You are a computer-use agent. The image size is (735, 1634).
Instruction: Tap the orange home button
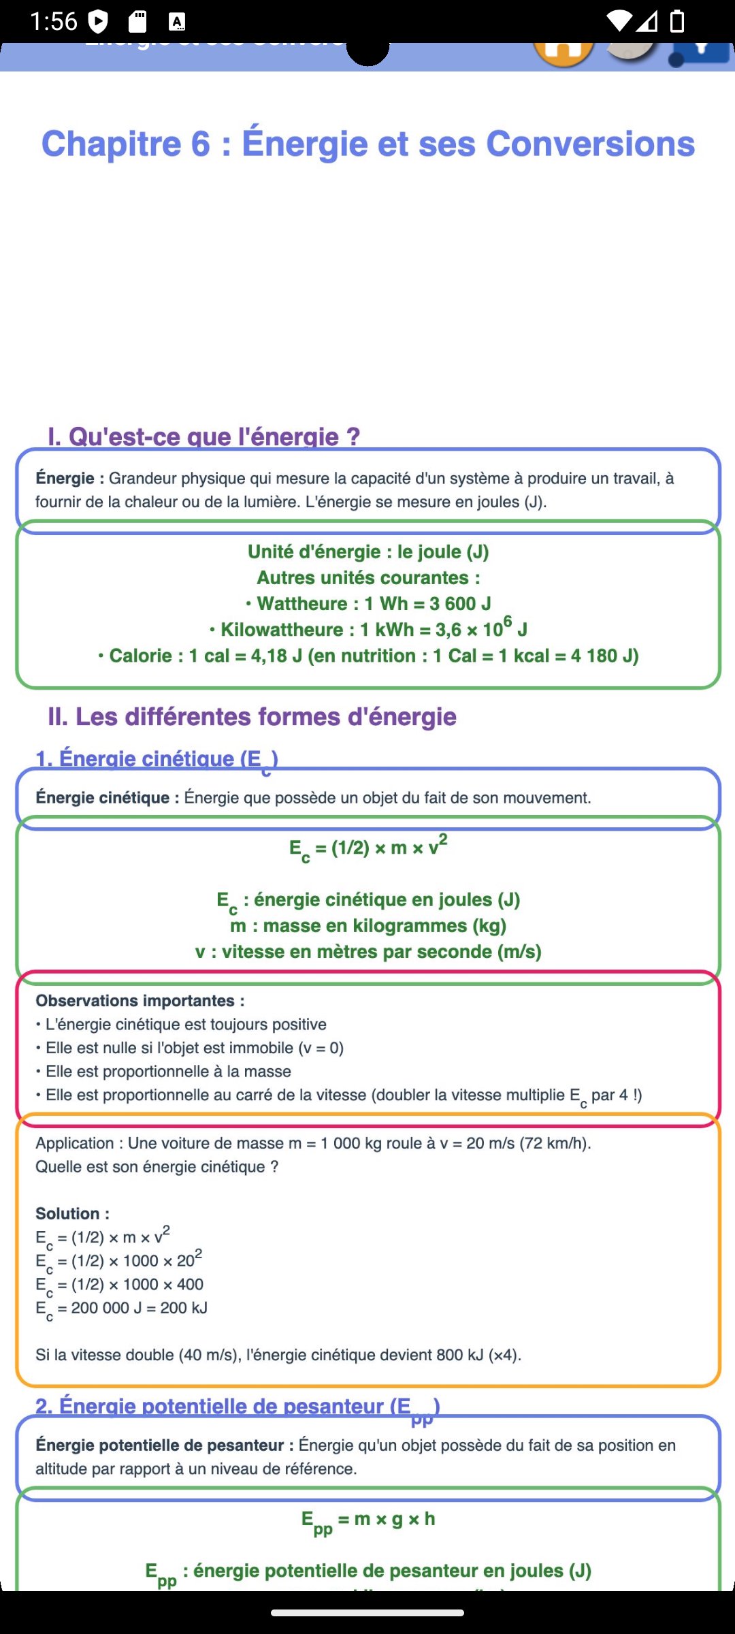pos(563,52)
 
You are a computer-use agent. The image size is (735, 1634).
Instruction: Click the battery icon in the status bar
pos(677,22)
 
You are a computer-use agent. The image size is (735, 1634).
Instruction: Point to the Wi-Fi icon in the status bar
pos(619,22)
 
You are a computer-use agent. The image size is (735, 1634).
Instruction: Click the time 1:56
pos(54,22)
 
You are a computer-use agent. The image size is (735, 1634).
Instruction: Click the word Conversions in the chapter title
pos(591,144)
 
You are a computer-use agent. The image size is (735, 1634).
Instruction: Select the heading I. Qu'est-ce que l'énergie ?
pos(203,436)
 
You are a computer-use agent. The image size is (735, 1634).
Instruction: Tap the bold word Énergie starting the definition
pos(65,479)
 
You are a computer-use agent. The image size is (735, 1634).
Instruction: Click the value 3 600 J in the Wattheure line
pos(460,604)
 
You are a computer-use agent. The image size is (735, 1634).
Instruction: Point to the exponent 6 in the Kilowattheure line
pos(508,621)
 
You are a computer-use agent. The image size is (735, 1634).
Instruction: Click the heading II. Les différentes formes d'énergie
pos(252,717)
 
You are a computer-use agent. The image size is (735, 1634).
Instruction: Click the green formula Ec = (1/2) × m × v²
pos(368,848)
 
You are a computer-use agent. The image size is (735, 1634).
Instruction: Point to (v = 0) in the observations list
pos(321,1048)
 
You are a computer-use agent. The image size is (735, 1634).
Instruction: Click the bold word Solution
pos(72,1214)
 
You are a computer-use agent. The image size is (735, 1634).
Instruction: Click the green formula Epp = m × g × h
pos(368,1520)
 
